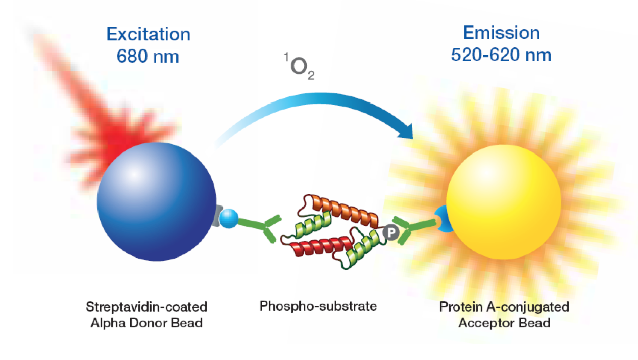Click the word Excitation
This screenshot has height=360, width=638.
coord(148,34)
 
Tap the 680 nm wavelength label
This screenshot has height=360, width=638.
coord(148,56)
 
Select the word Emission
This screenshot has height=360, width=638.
coord(501,33)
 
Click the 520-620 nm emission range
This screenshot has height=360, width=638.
coord(501,54)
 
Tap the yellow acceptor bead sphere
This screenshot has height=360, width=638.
coord(504,202)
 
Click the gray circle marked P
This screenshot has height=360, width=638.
coord(389,232)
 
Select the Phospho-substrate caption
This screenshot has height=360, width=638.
coord(318,306)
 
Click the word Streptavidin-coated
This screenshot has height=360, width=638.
coord(146,306)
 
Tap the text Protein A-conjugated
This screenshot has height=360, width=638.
coord(504,306)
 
